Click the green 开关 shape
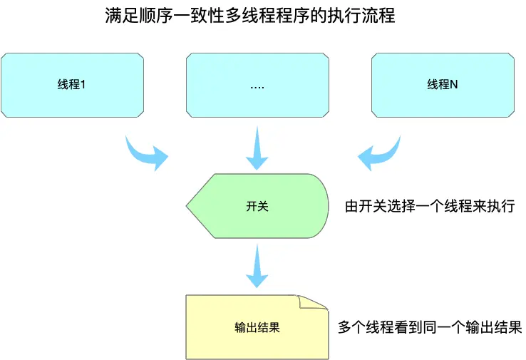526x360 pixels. tap(257, 207)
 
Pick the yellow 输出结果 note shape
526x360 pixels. tap(257, 327)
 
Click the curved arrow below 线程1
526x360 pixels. tap(146, 152)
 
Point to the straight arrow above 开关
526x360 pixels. tap(257, 148)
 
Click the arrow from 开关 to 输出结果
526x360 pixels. tap(257, 267)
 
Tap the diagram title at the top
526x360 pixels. tap(249, 16)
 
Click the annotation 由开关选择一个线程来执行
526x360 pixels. tap(429, 207)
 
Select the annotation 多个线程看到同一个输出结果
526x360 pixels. tap(429, 327)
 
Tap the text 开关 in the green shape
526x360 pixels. tap(257, 207)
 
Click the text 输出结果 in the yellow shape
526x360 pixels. tap(257, 327)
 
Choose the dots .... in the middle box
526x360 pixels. tap(257, 86)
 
